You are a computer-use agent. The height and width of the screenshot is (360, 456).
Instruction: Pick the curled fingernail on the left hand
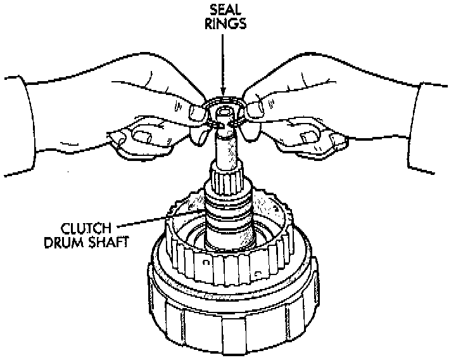tap(143, 134)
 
